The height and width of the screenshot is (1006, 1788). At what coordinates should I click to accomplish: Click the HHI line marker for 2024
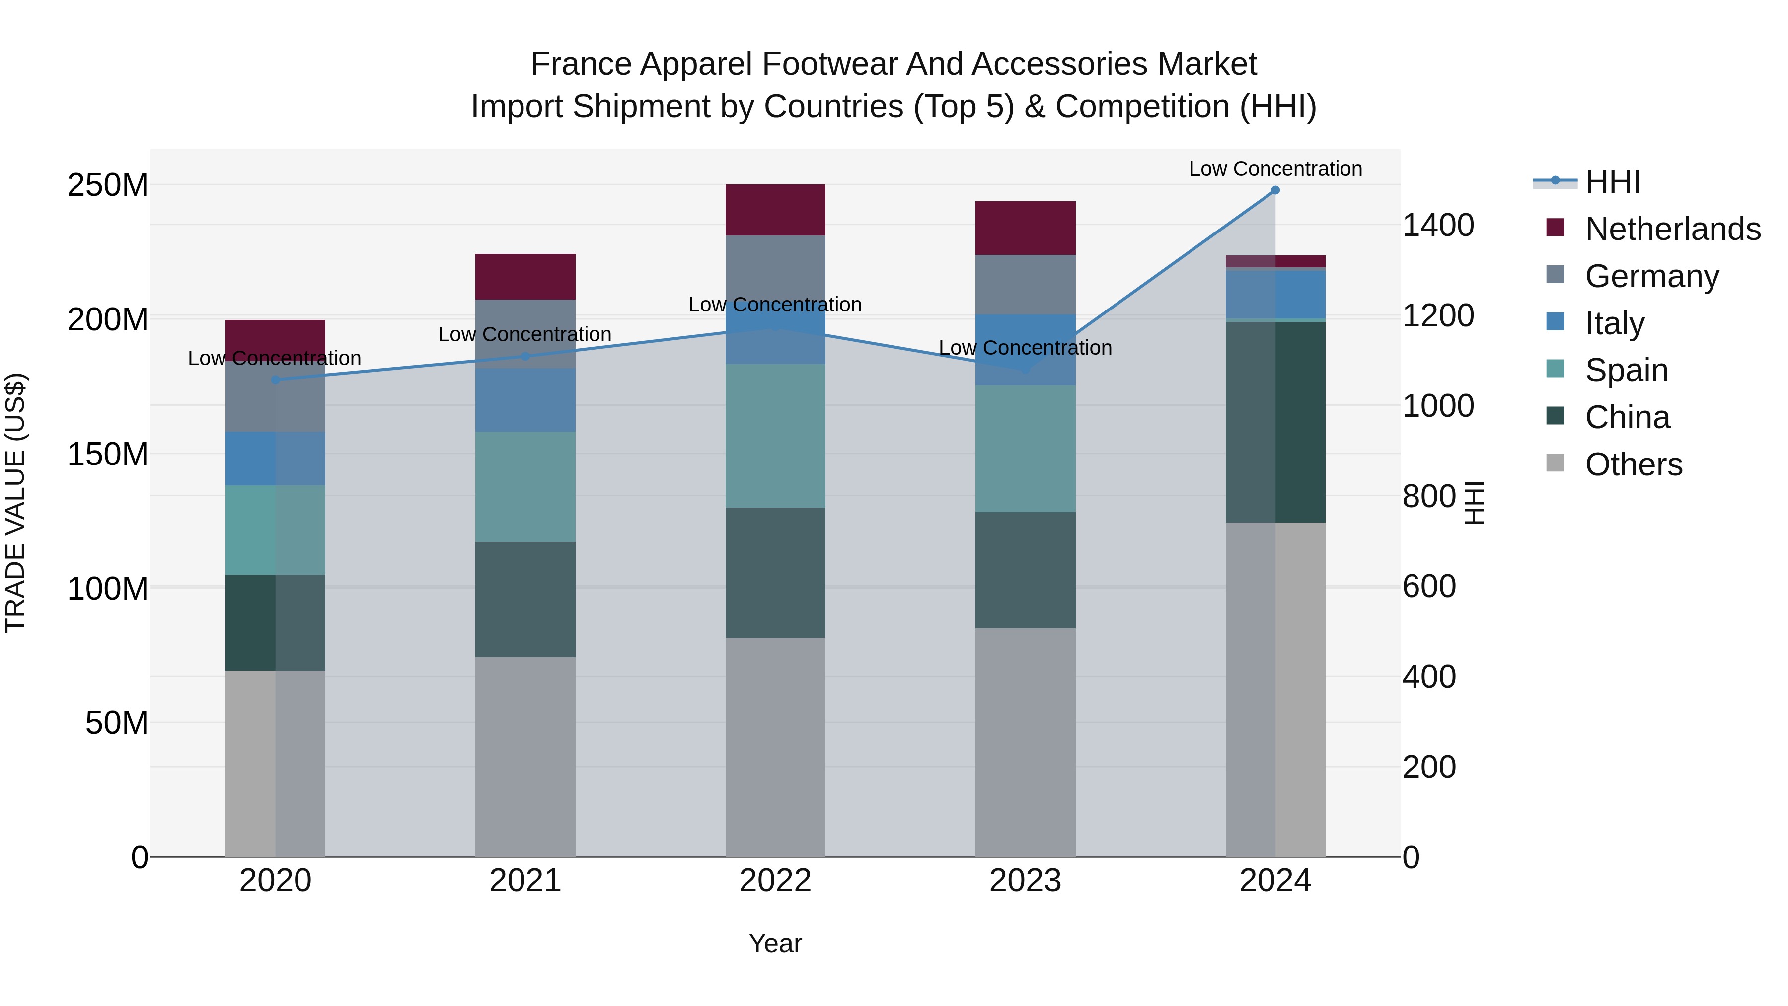[x=1275, y=190]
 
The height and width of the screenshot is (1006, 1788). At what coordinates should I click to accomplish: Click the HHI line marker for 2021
[x=525, y=356]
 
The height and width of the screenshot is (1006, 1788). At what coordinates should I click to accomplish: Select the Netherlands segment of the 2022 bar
[x=775, y=210]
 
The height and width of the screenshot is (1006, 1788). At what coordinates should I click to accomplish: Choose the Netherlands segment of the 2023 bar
[x=1025, y=228]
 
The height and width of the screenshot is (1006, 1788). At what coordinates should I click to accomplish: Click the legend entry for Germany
[x=1652, y=276]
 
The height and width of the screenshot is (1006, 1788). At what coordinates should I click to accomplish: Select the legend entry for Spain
[x=1626, y=370]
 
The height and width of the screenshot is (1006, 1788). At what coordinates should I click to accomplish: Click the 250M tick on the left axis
[x=108, y=185]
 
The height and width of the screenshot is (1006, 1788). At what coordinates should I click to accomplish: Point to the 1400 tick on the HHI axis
[x=1437, y=226]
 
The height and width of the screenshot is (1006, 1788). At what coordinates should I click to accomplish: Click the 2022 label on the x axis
[x=775, y=881]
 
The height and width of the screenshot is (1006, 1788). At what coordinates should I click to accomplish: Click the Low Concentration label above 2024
[x=1275, y=169]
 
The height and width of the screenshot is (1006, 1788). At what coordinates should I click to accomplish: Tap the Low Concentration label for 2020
[x=275, y=358]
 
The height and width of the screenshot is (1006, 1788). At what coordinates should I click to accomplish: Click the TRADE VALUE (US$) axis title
[x=15, y=503]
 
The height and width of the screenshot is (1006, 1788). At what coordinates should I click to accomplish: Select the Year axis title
[x=775, y=943]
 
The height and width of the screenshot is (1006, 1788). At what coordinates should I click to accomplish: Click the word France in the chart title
[x=581, y=64]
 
